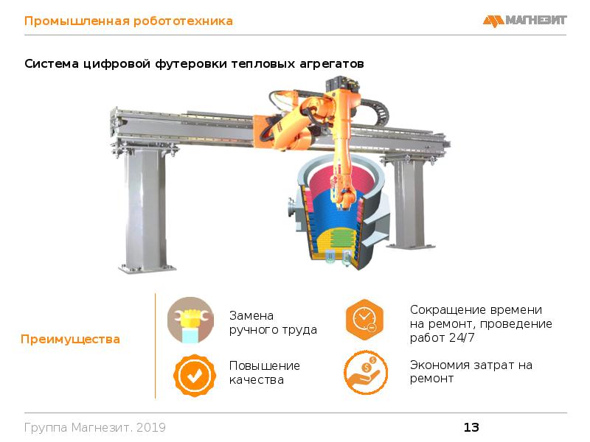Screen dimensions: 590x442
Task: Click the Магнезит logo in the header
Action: pyautogui.click(x=524, y=21)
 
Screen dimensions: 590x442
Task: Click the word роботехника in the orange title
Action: pyautogui.click(x=183, y=21)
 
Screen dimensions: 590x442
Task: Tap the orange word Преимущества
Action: pyautogui.click(x=70, y=339)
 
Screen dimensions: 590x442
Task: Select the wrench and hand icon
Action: pyautogui.click(x=191, y=320)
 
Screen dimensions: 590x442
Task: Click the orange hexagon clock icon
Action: pyautogui.click(x=364, y=320)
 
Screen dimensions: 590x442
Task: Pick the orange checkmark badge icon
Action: pyautogui.click(x=195, y=375)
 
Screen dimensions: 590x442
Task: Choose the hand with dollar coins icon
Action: pyautogui.click(x=365, y=373)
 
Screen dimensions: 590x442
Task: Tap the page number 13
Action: pyautogui.click(x=471, y=427)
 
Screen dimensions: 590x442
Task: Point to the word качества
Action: pyautogui.click(x=257, y=380)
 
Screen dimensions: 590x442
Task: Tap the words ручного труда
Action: pyautogui.click(x=273, y=330)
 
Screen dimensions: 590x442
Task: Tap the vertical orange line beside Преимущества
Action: pyautogui.click(x=156, y=345)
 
